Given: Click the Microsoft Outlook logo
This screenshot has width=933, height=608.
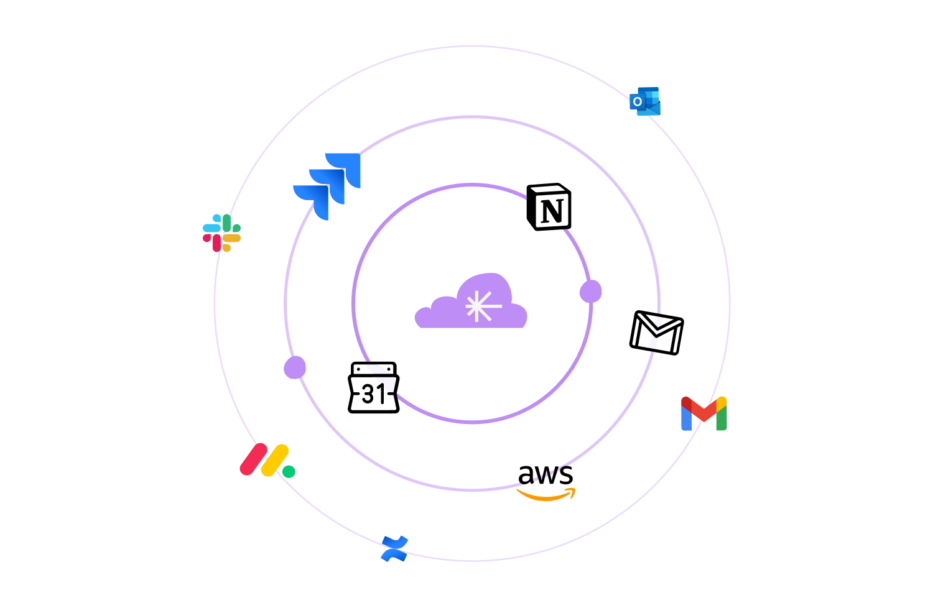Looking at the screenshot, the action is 645,101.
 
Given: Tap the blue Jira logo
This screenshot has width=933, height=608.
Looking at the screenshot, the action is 327,186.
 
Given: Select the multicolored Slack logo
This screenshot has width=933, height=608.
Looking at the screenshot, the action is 221,233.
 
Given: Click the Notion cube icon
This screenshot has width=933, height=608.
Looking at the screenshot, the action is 549,206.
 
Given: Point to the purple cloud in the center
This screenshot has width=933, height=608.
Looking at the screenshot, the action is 471,301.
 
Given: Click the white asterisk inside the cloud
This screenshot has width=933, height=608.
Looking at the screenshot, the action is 482,306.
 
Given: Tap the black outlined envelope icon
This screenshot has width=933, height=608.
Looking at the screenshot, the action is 656,333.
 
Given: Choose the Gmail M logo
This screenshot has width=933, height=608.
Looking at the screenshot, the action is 704,413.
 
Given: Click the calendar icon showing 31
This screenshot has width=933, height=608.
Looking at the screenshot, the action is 374,387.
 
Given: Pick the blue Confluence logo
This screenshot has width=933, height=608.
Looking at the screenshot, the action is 394,549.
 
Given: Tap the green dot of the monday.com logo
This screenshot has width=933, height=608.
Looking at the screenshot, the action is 289,472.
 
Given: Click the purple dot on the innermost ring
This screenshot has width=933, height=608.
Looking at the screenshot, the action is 591,291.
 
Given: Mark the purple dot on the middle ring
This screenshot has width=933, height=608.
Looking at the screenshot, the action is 295,367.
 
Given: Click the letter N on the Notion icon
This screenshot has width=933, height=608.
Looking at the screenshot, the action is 552,211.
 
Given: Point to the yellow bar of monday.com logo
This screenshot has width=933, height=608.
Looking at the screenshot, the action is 275,460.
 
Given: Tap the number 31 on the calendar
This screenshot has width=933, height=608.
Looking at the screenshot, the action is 373,394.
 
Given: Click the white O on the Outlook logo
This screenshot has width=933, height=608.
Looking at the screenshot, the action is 637,101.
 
